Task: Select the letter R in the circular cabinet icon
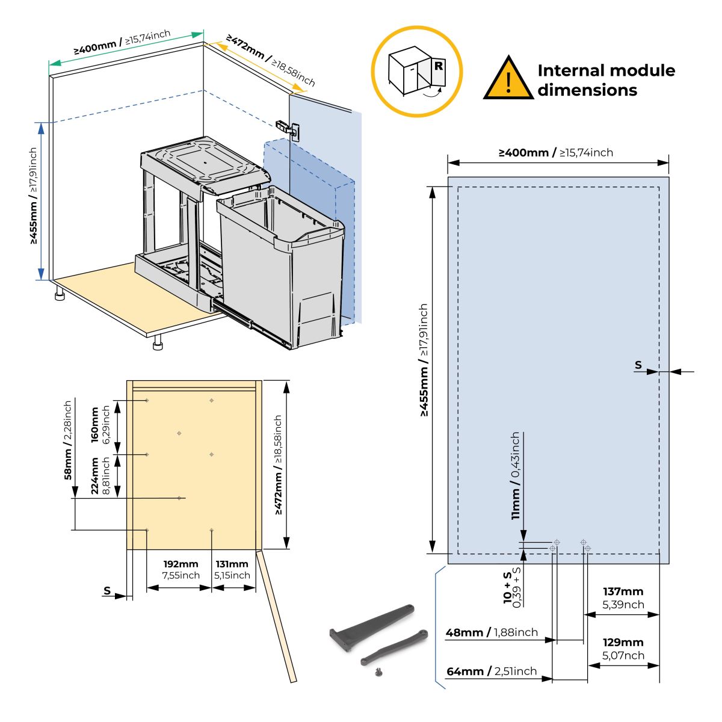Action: (439, 66)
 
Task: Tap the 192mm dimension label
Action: (180, 564)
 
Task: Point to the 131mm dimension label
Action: (232, 564)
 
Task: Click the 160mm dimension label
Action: (94, 425)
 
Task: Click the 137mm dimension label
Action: (623, 592)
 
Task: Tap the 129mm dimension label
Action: (623, 643)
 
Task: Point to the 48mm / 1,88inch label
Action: (491, 632)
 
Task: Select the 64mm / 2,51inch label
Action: (491, 671)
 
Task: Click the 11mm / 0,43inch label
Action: (516, 475)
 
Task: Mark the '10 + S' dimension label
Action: (508, 587)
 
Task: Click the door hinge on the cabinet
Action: (287, 128)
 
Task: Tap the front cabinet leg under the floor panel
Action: (158, 342)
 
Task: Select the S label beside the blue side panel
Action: (638, 365)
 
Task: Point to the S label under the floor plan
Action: (107, 590)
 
